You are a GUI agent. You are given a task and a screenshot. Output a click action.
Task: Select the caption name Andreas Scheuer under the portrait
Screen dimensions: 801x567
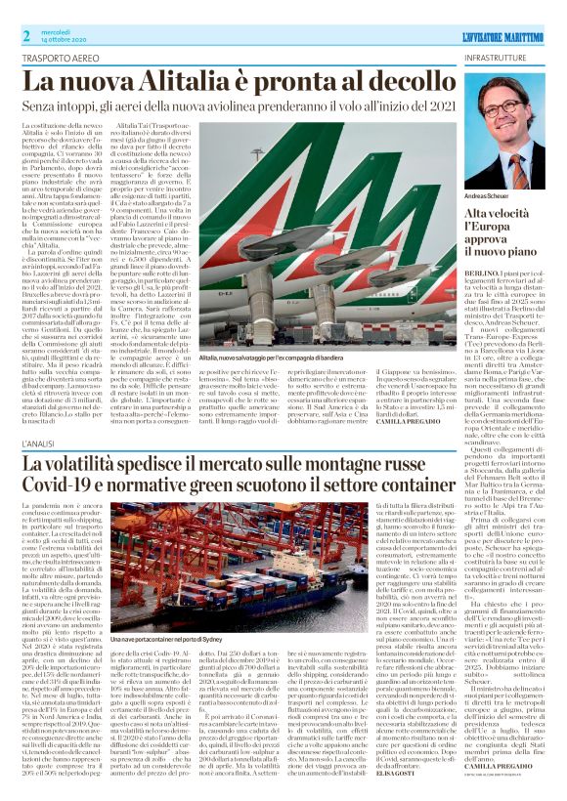click(488, 195)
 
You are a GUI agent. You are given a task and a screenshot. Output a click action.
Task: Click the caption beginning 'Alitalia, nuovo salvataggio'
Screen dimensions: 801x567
click(284, 358)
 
